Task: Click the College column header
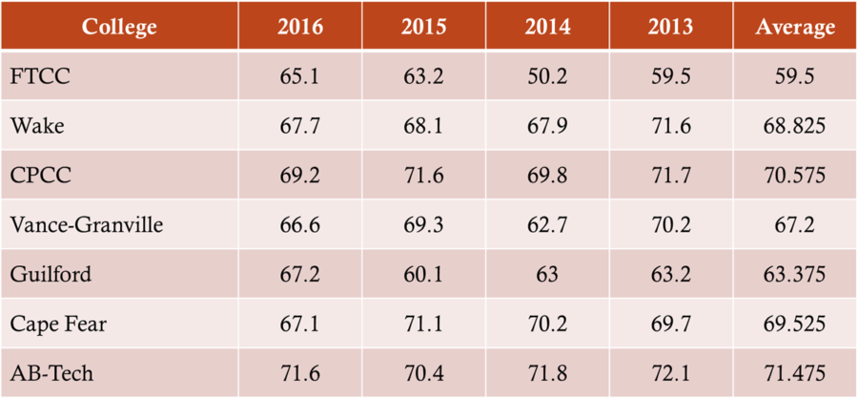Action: coord(118,27)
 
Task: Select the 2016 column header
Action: coord(300,27)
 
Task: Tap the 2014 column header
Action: coord(547,27)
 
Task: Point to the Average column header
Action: coord(795,27)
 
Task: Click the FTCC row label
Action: coord(39,76)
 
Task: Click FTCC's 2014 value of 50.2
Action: coord(547,76)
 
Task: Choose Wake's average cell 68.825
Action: coord(795,126)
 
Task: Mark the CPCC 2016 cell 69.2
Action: coord(300,176)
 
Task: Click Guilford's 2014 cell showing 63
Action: coord(547,274)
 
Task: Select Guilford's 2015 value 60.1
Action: coord(424,274)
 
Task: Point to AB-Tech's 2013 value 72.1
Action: coord(671,373)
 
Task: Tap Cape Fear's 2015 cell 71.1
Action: coord(424,324)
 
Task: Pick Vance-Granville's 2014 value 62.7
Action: coord(547,224)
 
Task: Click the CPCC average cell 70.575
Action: coord(795,176)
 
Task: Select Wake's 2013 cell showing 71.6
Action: coord(671,126)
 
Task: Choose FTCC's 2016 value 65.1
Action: coord(300,76)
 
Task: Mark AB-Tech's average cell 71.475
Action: coord(795,373)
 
